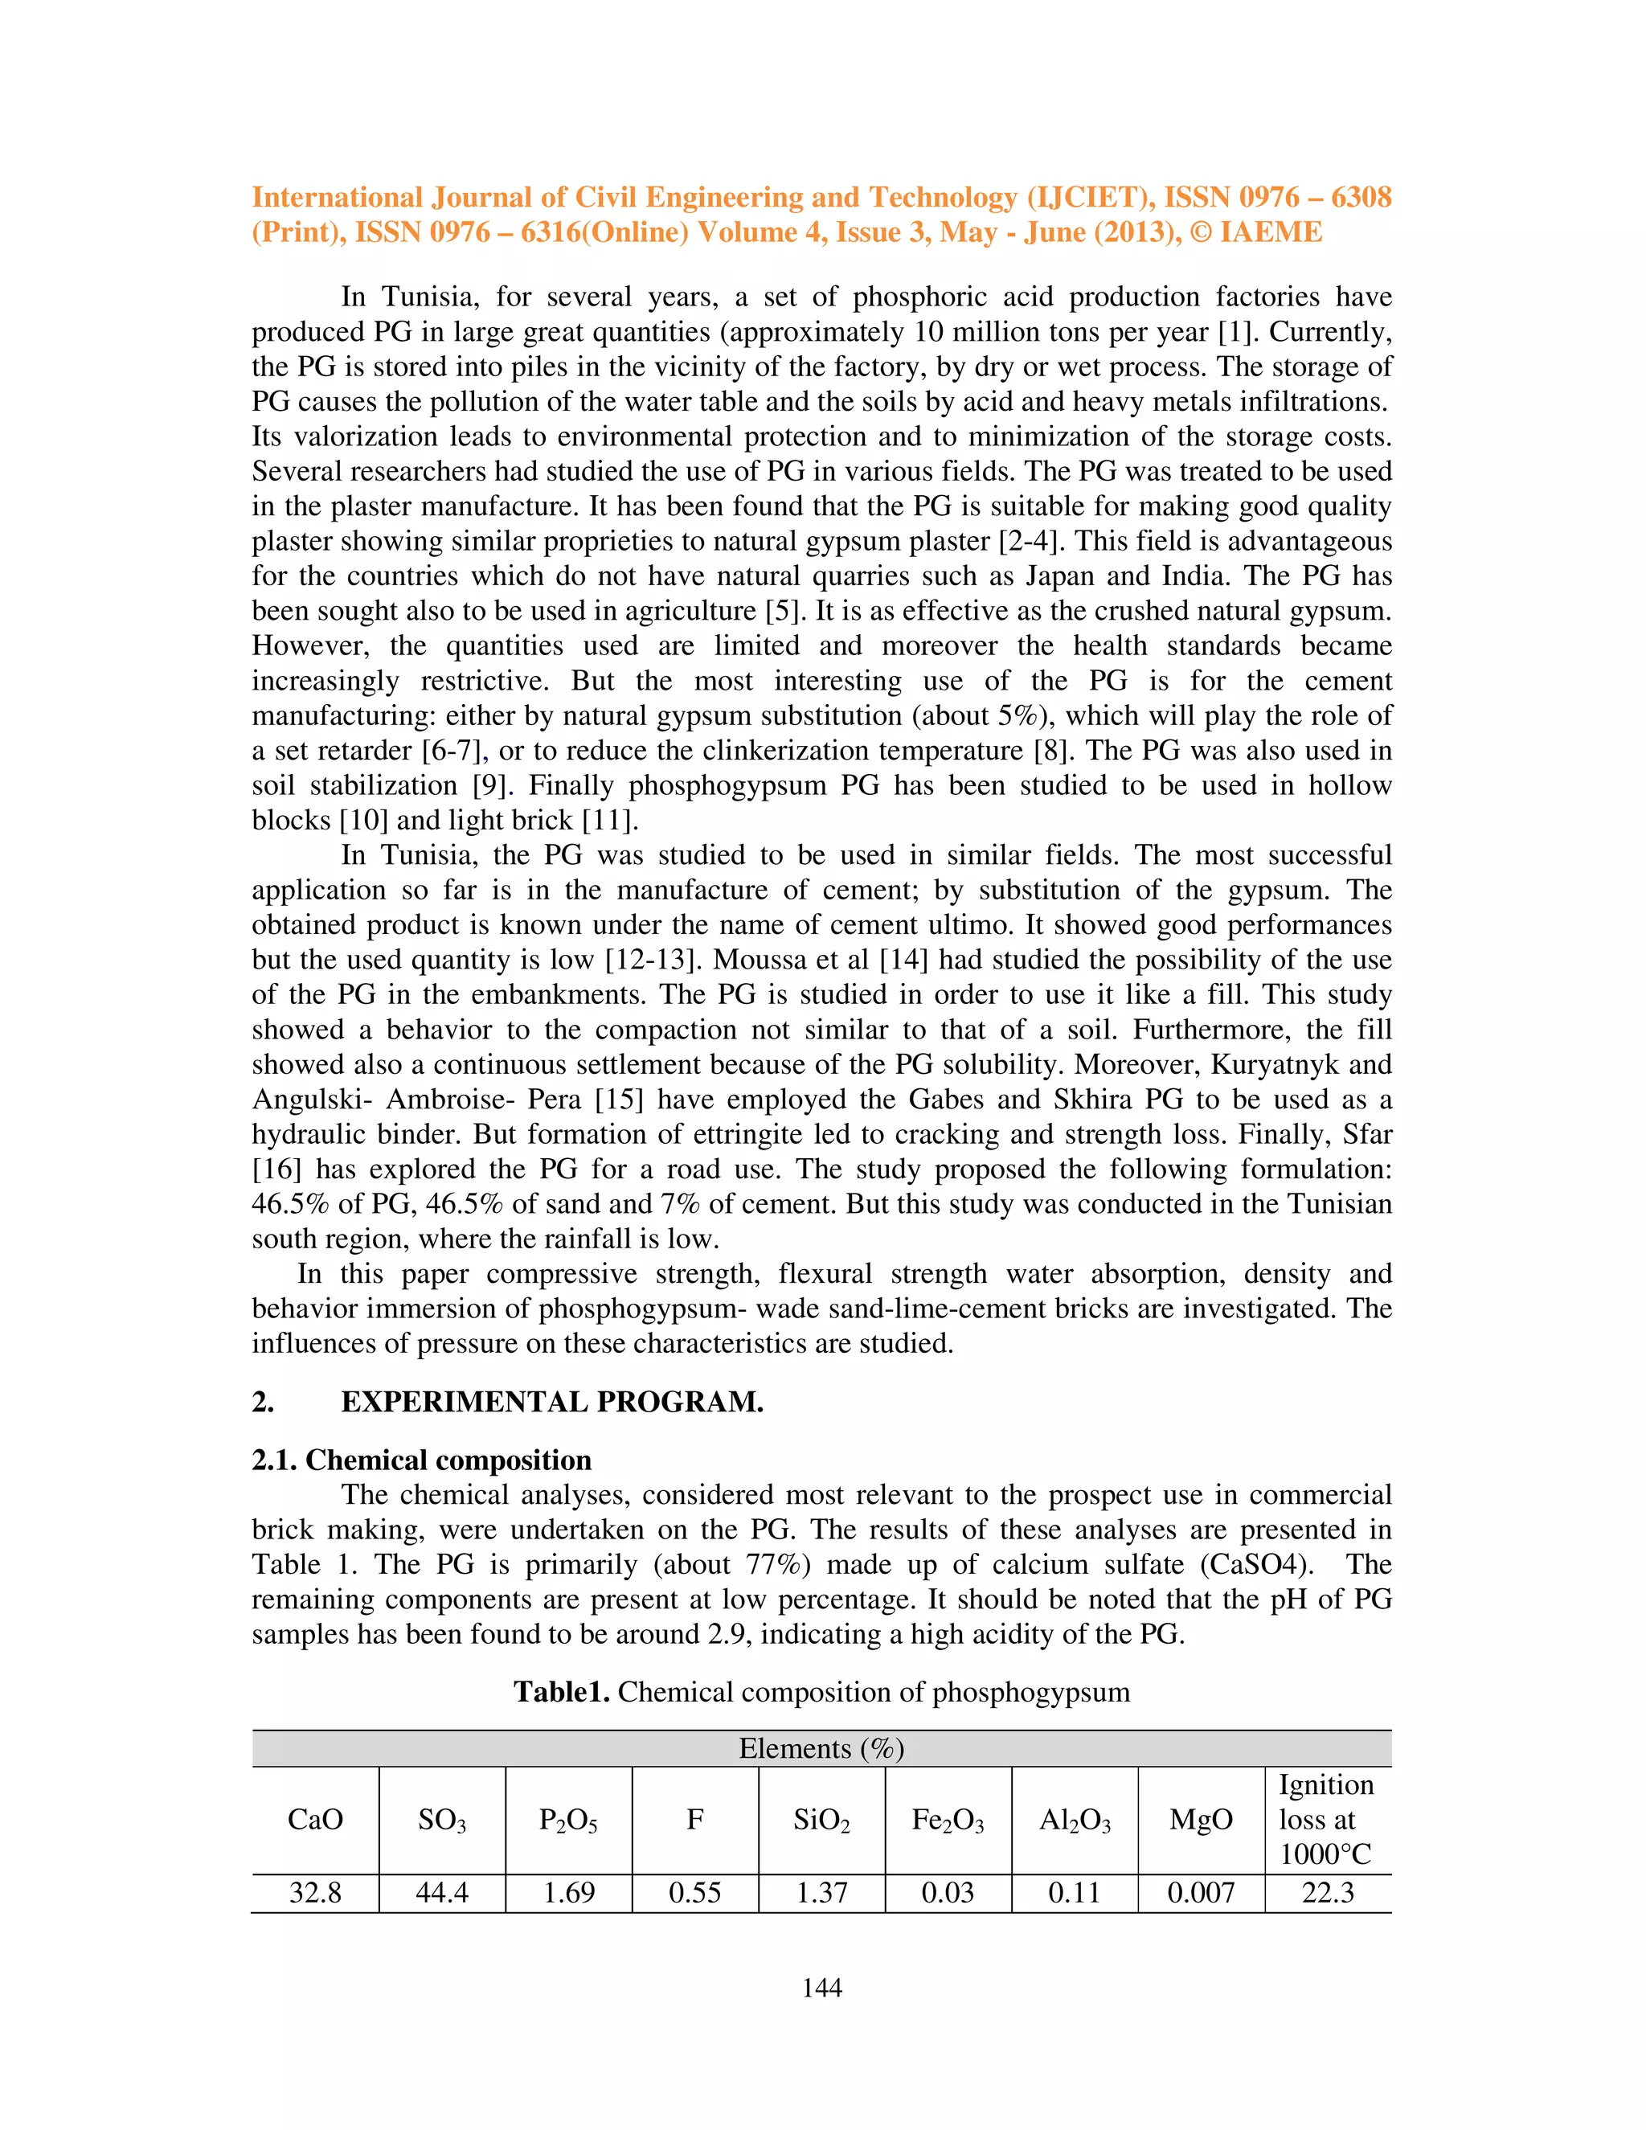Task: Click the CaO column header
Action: pyautogui.click(x=315, y=1819)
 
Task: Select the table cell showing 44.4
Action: pyautogui.click(x=442, y=1892)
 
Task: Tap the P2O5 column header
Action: pyautogui.click(x=568, y=1820)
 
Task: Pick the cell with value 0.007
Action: pyautogui.click(x=1201, y=1892)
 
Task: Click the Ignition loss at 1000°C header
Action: pyautogui.click(x=1326, y=1819)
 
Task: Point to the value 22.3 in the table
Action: pyautogui.click(x=1327, y=1892)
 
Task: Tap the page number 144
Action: pyautogui.click(x=821, y=1988)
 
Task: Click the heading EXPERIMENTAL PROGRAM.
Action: pyautogui.click(x=552, y=1402)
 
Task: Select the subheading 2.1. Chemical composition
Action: pyautogui.click(x=421, y=1459)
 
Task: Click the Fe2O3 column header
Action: pyautogui.click(x=948, y=1820)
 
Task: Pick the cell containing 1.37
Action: pyautogui.click(x=821, y=1892)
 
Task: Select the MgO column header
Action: pyautogui.click(x=1201, y=1819)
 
